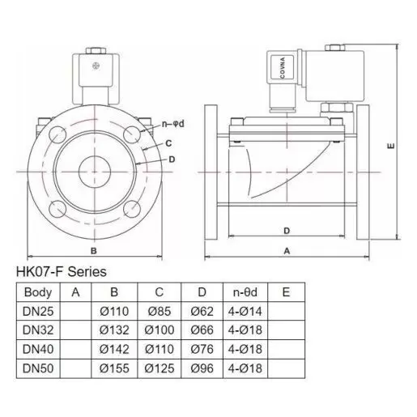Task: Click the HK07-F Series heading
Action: pyautogui.click(x=62, y=272)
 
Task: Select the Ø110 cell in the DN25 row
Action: pyautogui.click(x=114, y=311)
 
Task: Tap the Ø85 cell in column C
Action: pyautogui.click(x=160, y=311)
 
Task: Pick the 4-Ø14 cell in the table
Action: pyautogui.click(x=245, y=311)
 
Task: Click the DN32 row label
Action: pyautogui.click(x=38, y=330)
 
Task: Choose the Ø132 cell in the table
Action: pyautogui.click(x=114, y=330)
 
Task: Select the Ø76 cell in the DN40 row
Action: pyautogui.click(x=202, y=349)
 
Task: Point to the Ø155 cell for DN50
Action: pyautogui.click(x=114, y=368)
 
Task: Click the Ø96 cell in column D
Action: pyautogui.click(x=202, y=368)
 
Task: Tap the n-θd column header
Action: pyautogui.click(x=245, y=292)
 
